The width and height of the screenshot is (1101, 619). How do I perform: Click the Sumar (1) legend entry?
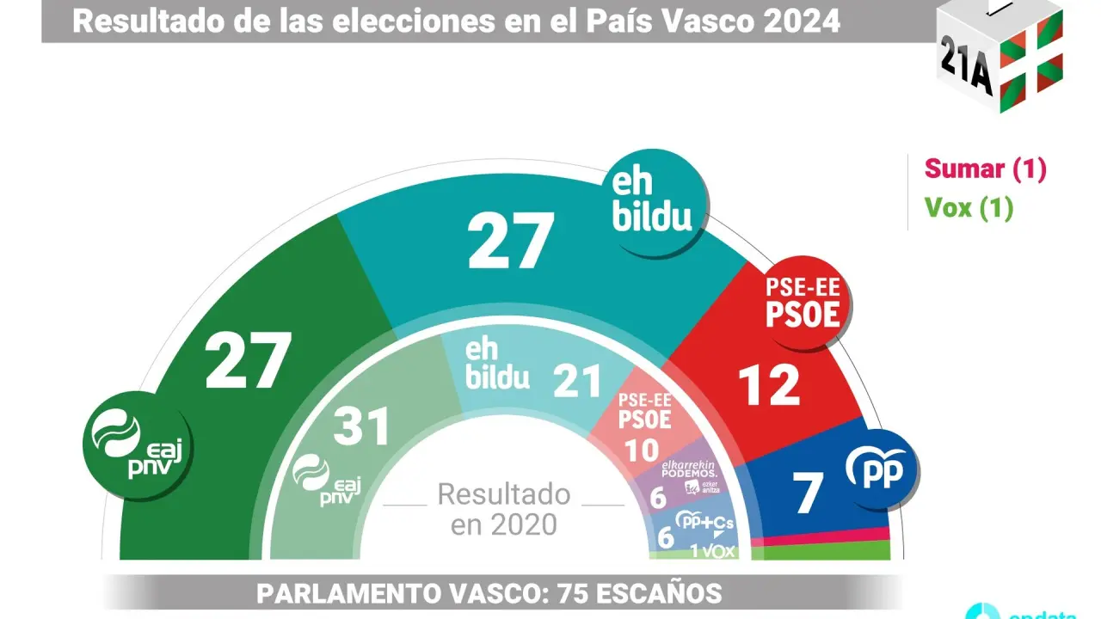[x=985, y=169]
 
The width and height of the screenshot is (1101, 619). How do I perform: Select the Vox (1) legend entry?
[x=969, y=208]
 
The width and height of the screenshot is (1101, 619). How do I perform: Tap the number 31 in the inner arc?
[x=361, y=425]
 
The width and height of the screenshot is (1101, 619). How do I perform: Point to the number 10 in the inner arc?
[x=641, y=450]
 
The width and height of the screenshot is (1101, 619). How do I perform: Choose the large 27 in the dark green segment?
[x=248, y=361]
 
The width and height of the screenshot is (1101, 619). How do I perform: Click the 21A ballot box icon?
[x=1000, y=56]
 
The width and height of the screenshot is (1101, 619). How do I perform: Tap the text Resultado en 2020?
[x=503, y=509]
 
